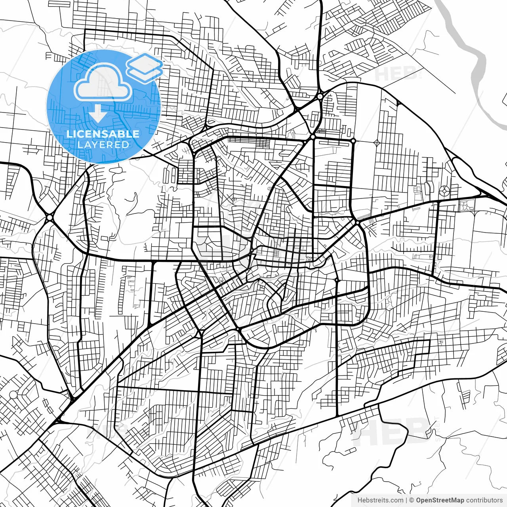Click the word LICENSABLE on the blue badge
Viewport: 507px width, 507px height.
tap(103, 134)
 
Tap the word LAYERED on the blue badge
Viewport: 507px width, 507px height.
tap(103, 145)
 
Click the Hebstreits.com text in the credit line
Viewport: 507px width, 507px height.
tap(380, 500)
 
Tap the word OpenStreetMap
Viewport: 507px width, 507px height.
tap(440, 500)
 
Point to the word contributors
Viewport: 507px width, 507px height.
tap(484, 500)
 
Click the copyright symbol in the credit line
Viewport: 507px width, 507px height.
tap(412, 500)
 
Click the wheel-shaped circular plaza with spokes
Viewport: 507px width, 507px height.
tap(444, 191)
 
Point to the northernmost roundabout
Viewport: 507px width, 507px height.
tap(320, 96)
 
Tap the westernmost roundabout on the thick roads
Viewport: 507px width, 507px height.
tap(50, 217)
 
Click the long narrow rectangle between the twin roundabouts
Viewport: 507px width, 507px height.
tap(333, 141)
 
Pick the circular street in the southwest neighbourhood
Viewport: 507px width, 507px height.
tap(13, 395)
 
